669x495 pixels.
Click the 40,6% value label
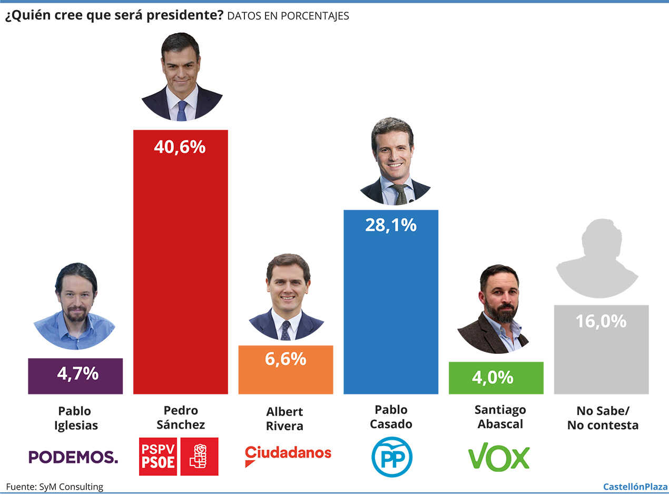(x=180, y=147)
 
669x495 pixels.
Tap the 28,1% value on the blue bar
(x=390, y=225)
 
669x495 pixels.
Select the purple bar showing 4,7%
(x=75, y=376)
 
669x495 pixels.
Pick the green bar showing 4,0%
(x=496, y=378)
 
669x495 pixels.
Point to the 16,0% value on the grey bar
(x=601, y=321)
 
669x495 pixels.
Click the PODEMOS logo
(x=73, y=457)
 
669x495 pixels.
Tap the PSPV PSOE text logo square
(x=158, y=456)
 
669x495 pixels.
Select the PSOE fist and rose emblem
(x=199, y=456)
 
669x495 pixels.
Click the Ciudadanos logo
(x=288, y=454)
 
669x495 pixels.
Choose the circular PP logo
(x=391, y=457)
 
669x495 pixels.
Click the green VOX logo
(x=498, y=456)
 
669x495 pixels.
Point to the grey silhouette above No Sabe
(x=597, y=258)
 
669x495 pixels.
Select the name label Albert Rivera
(x=285, y=419)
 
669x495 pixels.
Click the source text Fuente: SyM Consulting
(x=55, y=487)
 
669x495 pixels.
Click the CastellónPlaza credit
(x=635, y=487)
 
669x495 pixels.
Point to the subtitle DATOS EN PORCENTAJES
(x=288, y=16)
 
